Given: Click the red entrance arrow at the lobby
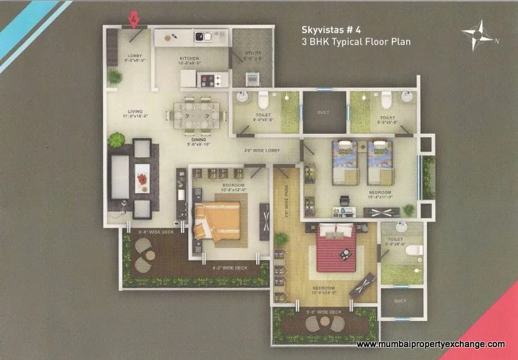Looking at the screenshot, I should tap(134, 21).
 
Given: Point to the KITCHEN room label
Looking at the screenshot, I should tap(190, 58).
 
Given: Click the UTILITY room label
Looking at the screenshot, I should tap(252, 54).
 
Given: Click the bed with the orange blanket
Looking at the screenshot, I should tap(216, 219).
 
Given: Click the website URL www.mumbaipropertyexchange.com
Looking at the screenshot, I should tap(431, 344).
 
